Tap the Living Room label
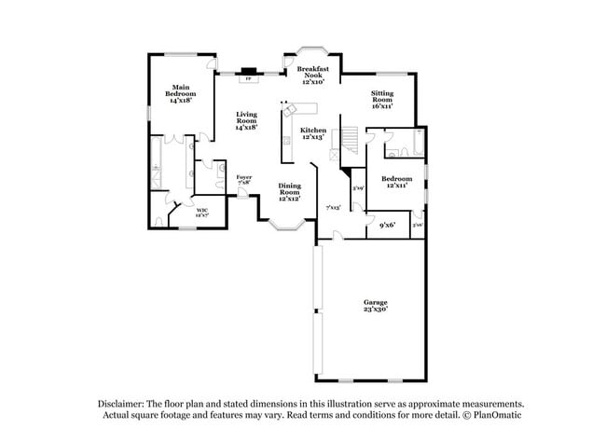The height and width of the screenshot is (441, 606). pos(246,120)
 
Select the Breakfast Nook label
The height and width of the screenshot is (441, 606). pos(312,76)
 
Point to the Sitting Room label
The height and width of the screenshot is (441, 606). pos(382,100)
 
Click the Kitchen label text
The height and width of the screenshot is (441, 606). pos(312,133)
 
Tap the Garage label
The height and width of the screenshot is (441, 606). pos(376,306)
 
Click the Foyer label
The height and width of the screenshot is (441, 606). pos(243,179)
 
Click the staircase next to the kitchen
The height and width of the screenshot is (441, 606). pos(347,140)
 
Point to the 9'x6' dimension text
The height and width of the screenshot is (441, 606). pos(388,225)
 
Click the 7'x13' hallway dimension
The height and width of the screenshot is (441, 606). pos(333,207)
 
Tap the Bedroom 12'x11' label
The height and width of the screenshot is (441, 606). pos(395,181)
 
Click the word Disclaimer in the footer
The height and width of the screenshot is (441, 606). pos(127,404)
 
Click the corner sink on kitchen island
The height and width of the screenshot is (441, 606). pos(287,109)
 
